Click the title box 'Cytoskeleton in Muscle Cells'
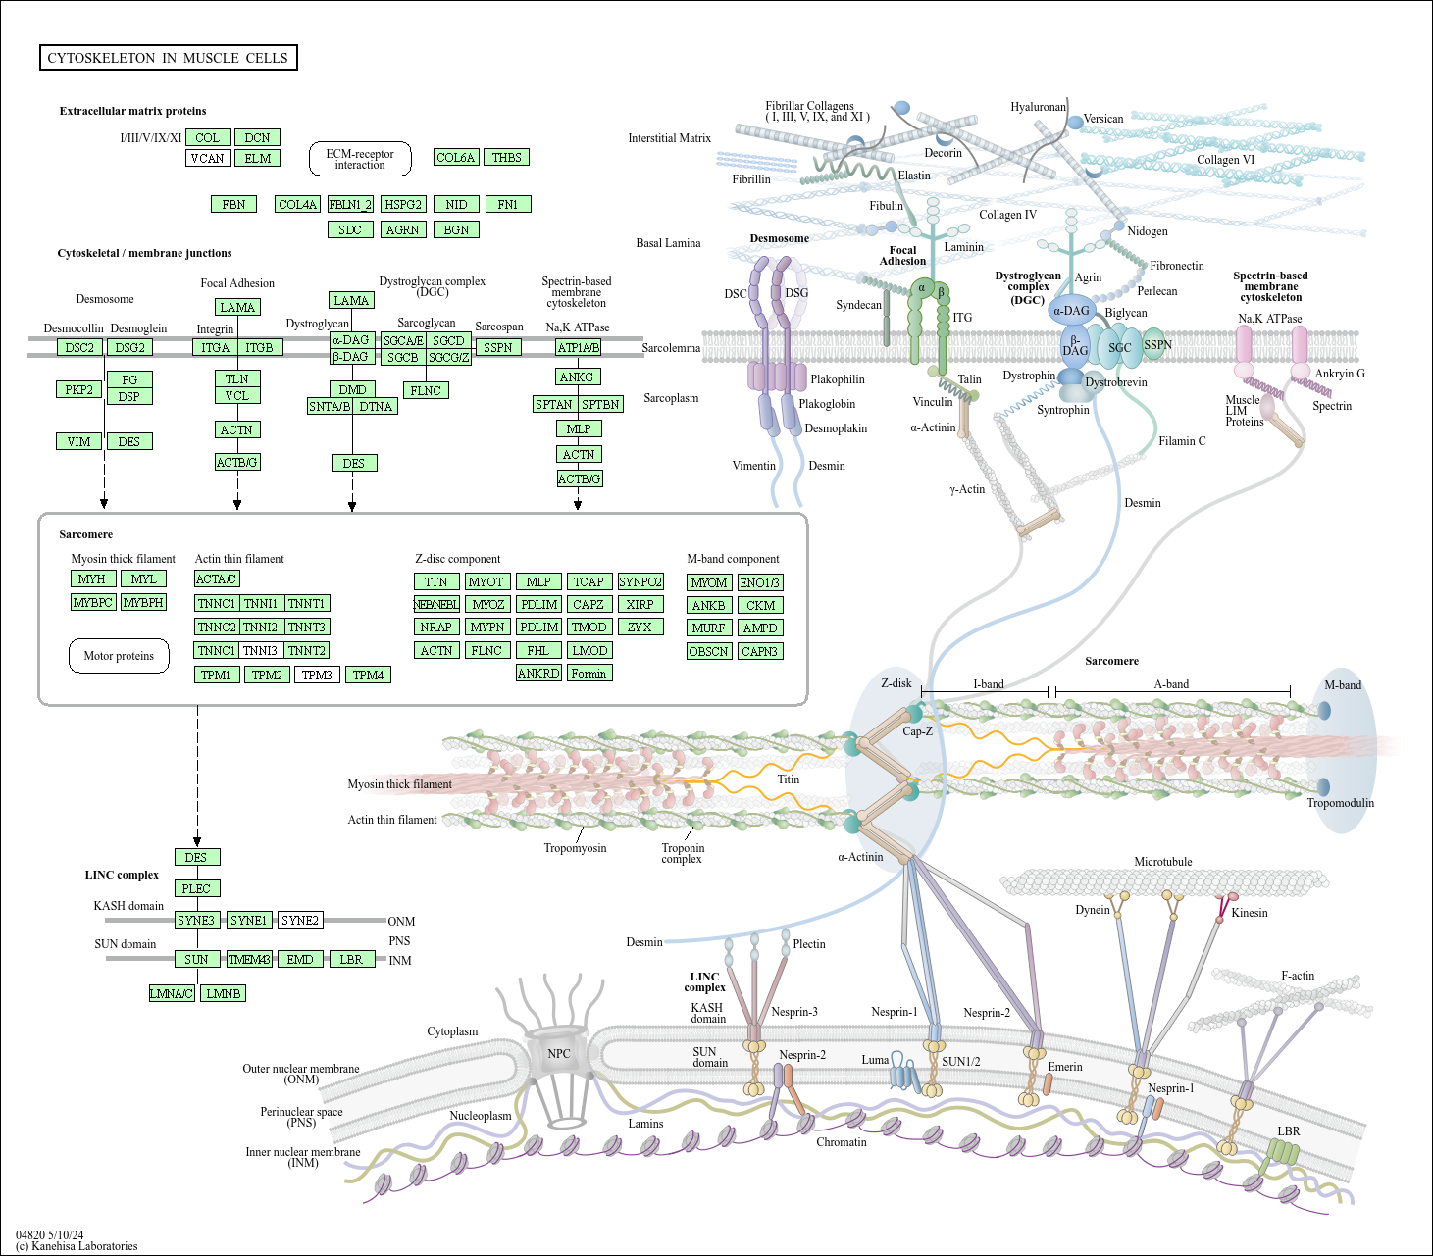[169, 58]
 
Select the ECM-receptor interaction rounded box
[360, 159]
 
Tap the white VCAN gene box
[207, 158]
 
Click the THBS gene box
[506, 157]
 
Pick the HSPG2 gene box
[403, 204]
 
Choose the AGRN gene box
[403, 229]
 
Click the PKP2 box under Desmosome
[79, 389]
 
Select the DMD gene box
[352, 389]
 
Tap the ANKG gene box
[577, 377]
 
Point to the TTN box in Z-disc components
[436, 582]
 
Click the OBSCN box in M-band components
[709, 651]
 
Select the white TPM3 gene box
[317, 675]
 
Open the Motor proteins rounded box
[119, 656]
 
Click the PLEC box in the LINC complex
[196, 888]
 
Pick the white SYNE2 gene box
[300, 920]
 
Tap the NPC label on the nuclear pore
[559, 1054]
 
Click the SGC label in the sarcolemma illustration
[1120, 348]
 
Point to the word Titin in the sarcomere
[789, 779]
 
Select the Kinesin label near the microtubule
[1250, 913]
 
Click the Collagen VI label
[1226, 160]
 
